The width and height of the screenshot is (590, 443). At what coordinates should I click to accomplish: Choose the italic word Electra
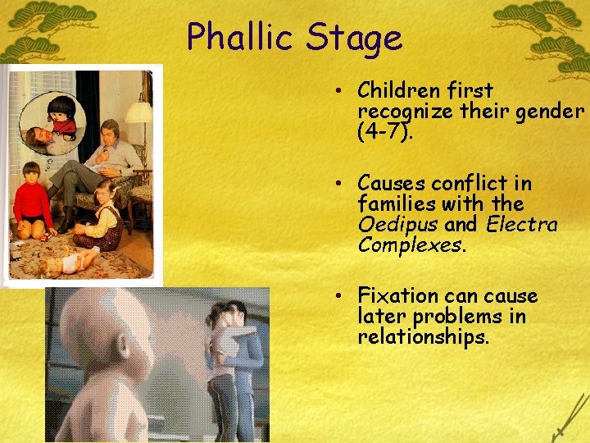coord(522,225)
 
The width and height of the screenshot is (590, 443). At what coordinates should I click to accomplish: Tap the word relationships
coord(423,337)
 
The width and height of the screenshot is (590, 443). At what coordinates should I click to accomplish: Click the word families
coord(395,204)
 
